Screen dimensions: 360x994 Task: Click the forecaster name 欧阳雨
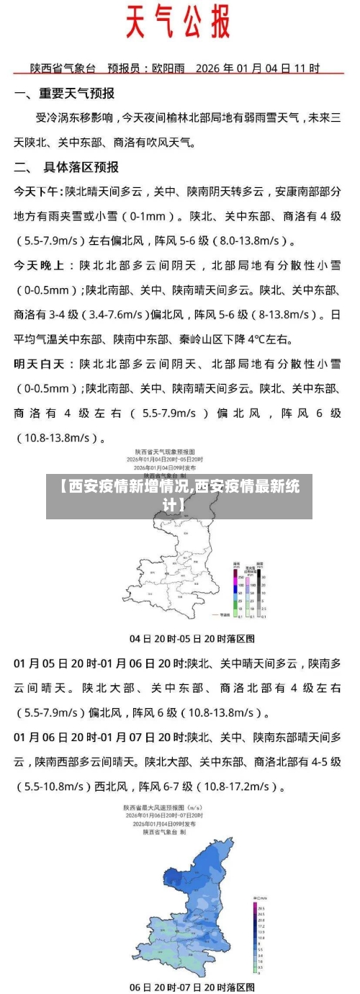pos(166,68)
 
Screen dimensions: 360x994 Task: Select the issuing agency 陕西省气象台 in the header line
pos(63,68)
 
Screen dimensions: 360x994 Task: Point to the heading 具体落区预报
pos(81,167)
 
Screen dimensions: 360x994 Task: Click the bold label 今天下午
pos(37,192)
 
